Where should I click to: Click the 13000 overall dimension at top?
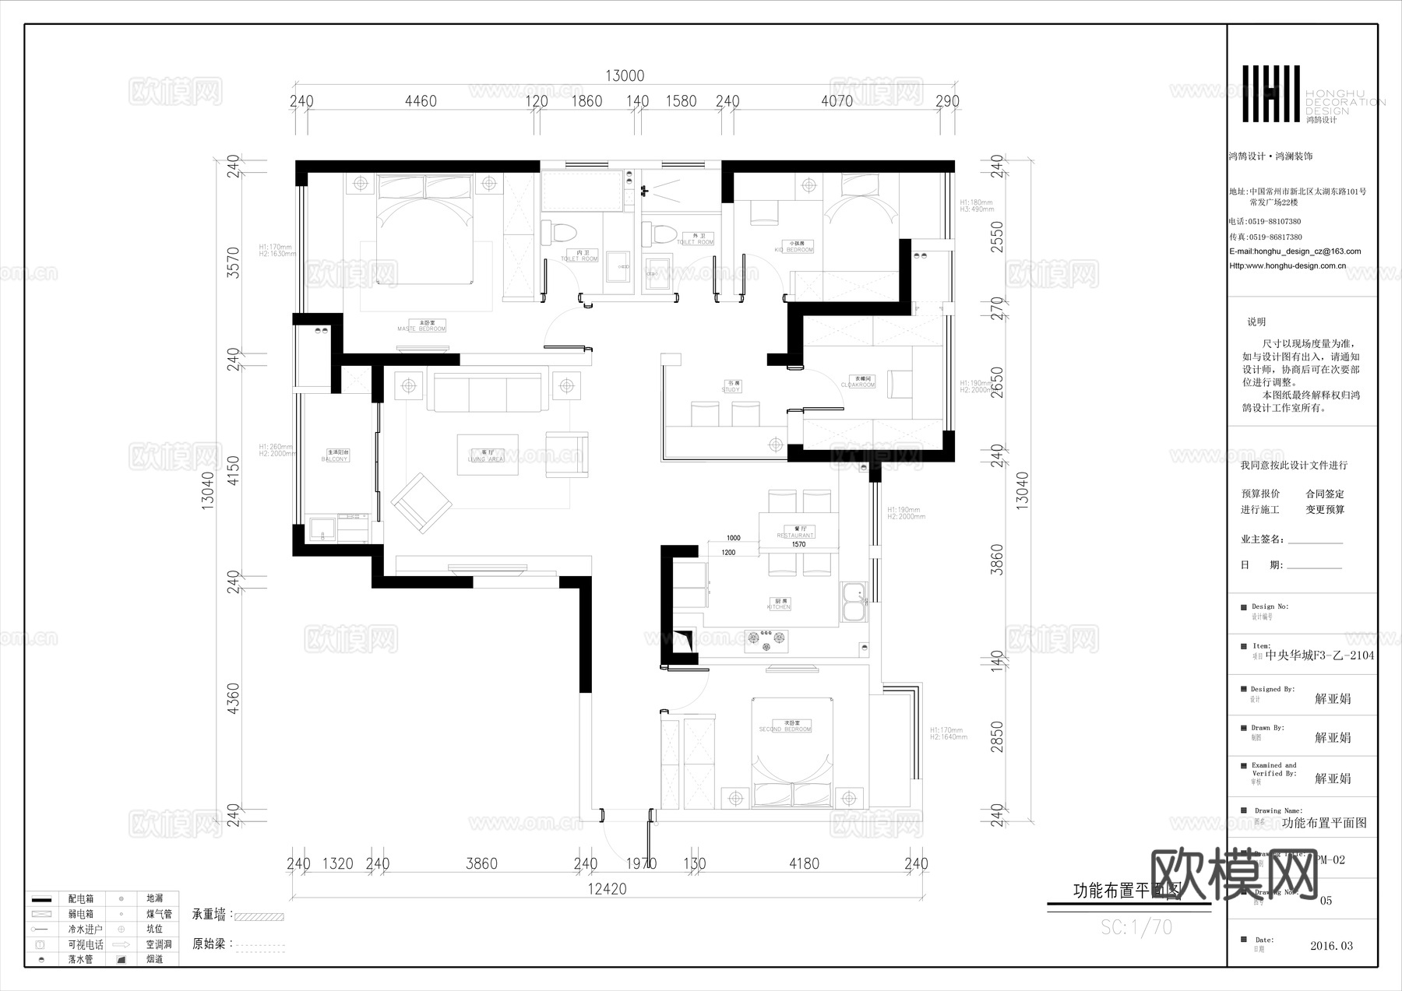(x=625, y=76)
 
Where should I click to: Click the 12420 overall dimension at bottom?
(x=607, y=888)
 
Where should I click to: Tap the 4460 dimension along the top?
(x=421, y=101)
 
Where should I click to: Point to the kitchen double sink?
(x=854, y=603)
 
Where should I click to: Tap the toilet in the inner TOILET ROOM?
(x=560, y=233)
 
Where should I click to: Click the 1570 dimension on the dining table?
(x=798, y=544)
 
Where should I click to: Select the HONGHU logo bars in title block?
(x=1270, y=93)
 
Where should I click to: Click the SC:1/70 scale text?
(x=1136, y=927)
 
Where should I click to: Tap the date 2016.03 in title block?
(x=1331, y=946)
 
